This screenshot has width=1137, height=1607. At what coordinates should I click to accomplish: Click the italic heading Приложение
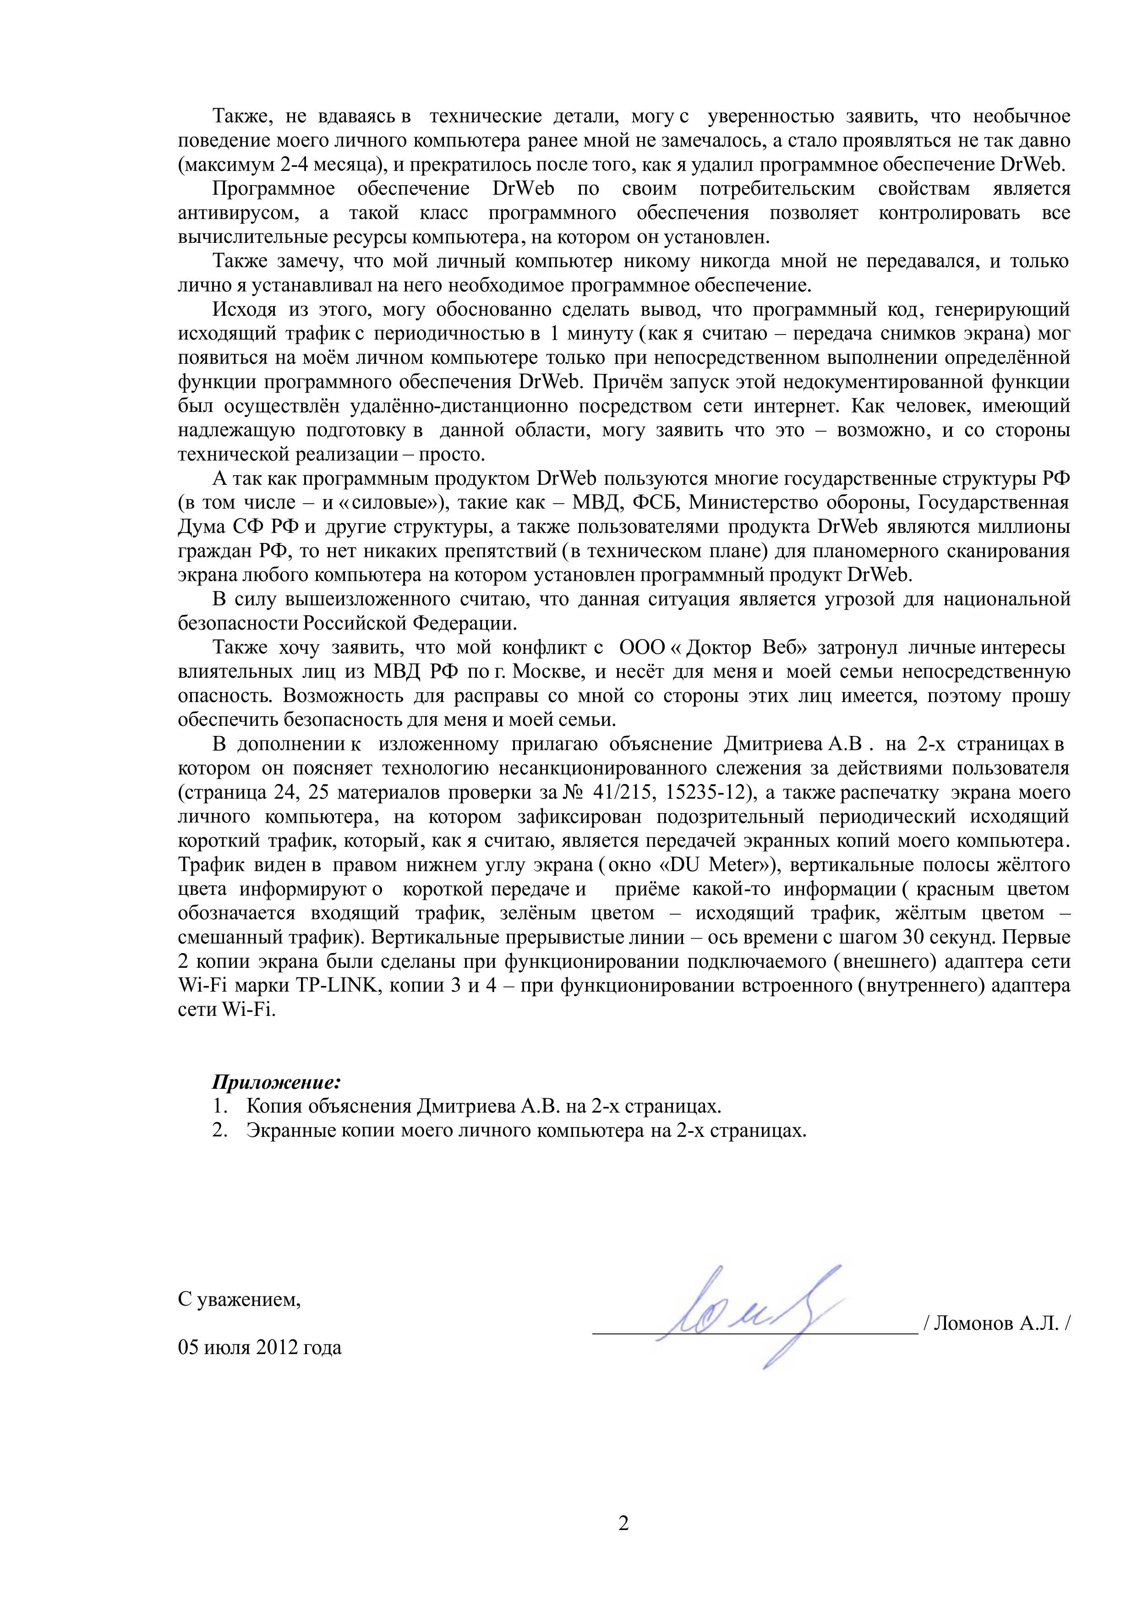[x=276, y=1082]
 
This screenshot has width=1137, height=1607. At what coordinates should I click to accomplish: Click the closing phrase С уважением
[x=239, y=1300]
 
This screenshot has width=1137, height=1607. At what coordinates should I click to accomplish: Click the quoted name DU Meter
[x=722, y=865]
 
